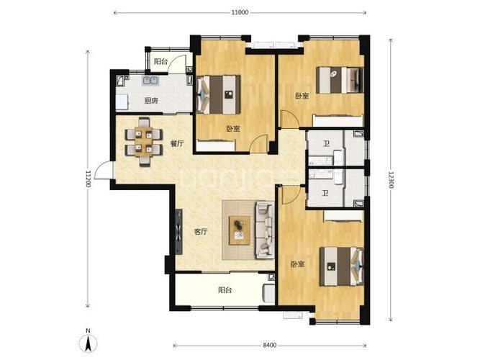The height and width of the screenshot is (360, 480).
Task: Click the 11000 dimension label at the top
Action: (240, 12)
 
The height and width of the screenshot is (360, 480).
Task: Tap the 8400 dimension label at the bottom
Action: (270, 345)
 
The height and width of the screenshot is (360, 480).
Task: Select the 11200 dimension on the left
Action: (88, 179)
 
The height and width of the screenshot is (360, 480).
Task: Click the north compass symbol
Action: (89, 341)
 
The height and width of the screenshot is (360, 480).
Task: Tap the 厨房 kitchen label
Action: (151, 101)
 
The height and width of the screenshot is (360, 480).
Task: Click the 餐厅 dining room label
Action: (177, 143)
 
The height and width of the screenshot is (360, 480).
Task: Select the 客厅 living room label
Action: (201, 232)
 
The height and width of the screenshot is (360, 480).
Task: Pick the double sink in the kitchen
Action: (150, 81)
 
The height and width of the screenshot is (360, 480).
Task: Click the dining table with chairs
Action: (144, 142)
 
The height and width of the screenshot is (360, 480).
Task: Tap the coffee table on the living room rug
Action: (240, 230)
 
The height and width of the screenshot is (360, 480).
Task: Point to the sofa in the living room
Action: (265, 229)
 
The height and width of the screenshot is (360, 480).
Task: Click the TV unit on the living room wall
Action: (178, 232)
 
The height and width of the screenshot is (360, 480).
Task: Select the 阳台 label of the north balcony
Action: (161, 61)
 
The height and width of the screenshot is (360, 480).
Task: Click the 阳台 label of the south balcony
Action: (225, 290)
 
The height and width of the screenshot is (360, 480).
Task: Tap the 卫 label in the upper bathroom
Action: (327, 143)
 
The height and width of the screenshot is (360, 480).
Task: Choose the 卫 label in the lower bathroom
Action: (325, 194)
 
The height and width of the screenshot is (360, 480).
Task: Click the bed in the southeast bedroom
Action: (342, 266)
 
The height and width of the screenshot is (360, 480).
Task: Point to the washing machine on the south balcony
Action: (268, 294)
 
